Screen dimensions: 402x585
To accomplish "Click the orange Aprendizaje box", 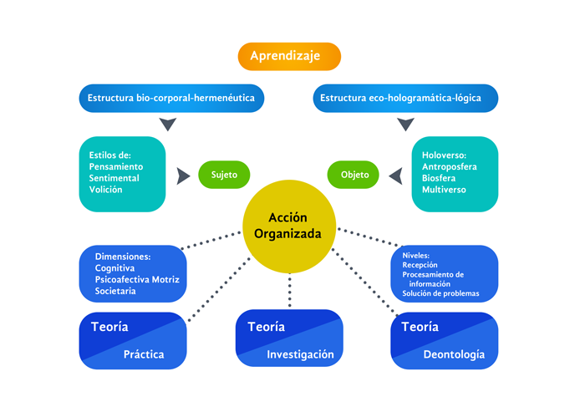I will pyautogui.click(x=289, y=56).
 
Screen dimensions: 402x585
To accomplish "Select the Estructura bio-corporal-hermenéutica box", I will pyautogui.click(x=173, y=98).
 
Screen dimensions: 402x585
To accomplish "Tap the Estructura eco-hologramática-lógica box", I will pyautogui.click(x=406, y=98).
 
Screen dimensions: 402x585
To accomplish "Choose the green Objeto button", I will pyautogui.click(x=354, y=176).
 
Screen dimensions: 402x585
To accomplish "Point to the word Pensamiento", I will pyautogui.click(x=116, y=166).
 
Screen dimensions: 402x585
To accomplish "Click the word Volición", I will pyautogui.click(x=106, y=190).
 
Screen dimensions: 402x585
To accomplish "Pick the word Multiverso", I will pyautogui.click(x=445, y=190).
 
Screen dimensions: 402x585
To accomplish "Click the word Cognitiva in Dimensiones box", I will pyautogui.click(x=115, y=267).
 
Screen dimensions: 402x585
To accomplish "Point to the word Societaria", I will pyautogui.click(x=115, y=290).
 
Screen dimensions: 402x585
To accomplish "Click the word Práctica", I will pyautogui.click(x=144, y=354).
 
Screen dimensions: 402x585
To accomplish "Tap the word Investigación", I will pyautogui.click(x=300, y=354).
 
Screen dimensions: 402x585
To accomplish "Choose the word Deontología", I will pyautogui.click(x=454, y=354).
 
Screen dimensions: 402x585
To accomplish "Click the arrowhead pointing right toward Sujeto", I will pyautogui.click(x=182, y=176).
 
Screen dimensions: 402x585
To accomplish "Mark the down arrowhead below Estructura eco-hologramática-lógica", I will pyautogui.click(x=406, y=125).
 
